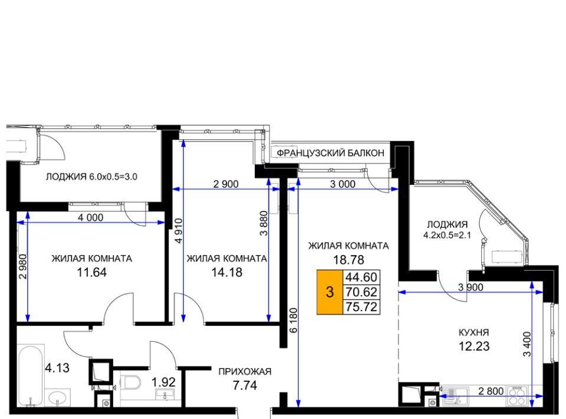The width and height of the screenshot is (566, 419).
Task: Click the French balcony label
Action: tap(330, 153)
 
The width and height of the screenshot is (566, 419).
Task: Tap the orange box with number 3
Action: tap(330, 292)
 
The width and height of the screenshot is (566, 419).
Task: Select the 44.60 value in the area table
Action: tap(361, 277)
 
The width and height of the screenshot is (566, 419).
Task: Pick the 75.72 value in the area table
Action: tap(361, 307)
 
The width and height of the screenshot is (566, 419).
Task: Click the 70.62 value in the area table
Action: tap(361, 292)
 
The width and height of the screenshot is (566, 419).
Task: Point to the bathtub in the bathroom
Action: tap(31, 375)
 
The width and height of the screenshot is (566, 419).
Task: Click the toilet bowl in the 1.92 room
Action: tap(131, 382)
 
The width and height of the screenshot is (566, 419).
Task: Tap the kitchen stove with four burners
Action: tap(517, 396)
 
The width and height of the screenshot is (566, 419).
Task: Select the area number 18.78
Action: tap(348, 260)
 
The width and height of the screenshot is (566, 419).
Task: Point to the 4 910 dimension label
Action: tap(178, 231)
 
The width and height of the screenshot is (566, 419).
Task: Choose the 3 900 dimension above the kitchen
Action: tap(470, 287)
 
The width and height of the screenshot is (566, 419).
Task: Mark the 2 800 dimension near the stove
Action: tap(491, 391)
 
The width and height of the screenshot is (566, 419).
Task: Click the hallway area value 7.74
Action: tap(245, 386)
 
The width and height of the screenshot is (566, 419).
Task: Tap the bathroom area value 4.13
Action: tap(57, 368)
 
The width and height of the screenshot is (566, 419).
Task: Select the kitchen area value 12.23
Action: tap(474, 346)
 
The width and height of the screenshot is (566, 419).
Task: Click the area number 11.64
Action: tap(92, 272)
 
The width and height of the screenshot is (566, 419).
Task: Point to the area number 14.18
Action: tap(226, 272)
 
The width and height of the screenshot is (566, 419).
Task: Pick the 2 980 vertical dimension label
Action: tap(23, 267)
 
